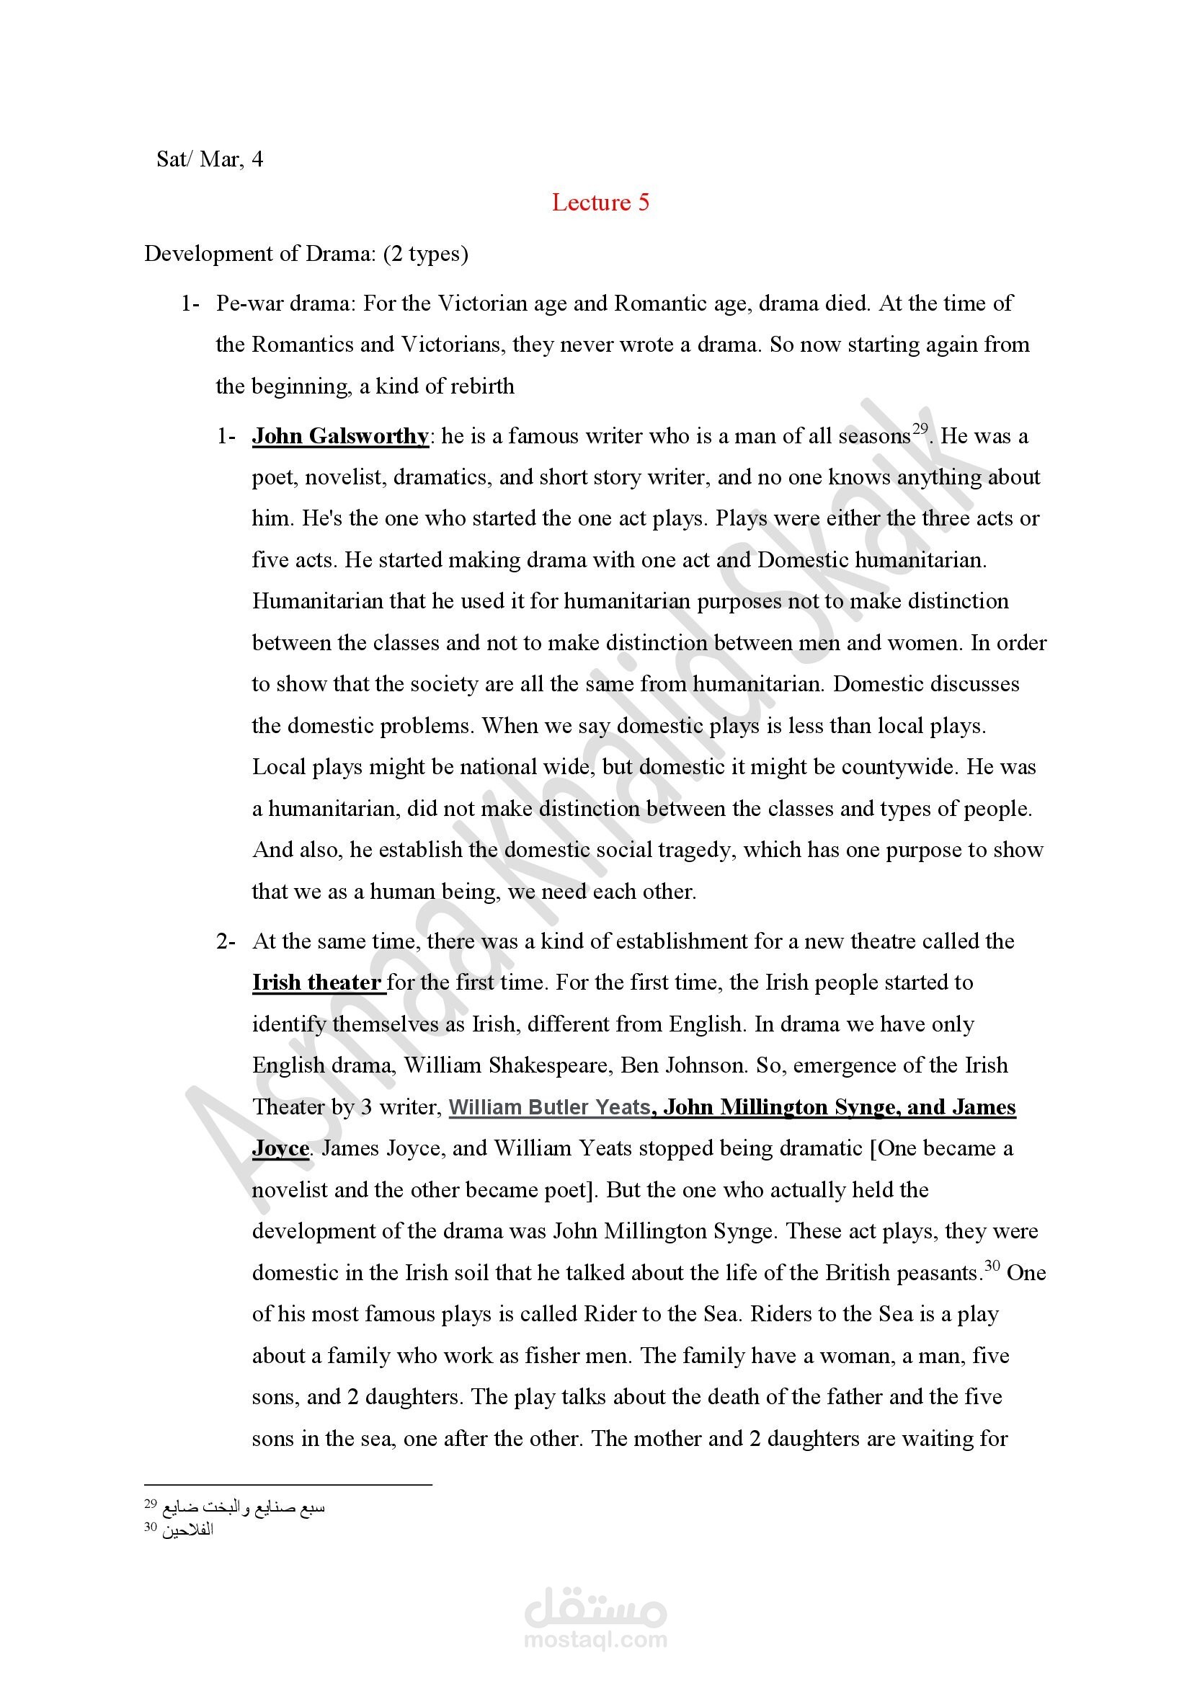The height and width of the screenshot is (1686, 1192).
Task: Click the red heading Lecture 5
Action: coord(600,203)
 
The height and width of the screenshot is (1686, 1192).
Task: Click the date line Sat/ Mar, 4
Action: coord(210,159)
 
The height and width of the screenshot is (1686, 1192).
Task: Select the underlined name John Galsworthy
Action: coord(341,436)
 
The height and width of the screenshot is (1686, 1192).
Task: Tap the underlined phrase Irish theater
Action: coord(317,982)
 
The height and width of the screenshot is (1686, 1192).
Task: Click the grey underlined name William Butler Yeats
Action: coord(550,1106)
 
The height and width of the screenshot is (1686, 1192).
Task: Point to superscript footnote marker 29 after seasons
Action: coord(920,429)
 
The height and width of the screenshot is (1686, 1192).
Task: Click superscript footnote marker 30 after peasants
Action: coord(992,1265)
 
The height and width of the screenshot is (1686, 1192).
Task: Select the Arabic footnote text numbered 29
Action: coord(243,1507)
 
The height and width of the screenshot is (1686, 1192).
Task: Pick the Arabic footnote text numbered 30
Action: coord(187,1530)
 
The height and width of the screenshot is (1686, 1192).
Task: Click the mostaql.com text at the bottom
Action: coord(595,1640)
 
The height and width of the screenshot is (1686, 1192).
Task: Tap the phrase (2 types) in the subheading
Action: coord(426,253)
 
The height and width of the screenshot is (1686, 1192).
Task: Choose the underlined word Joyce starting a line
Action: coord(280,1148)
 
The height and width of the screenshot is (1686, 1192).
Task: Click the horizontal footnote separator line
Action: coord(288,1485)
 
